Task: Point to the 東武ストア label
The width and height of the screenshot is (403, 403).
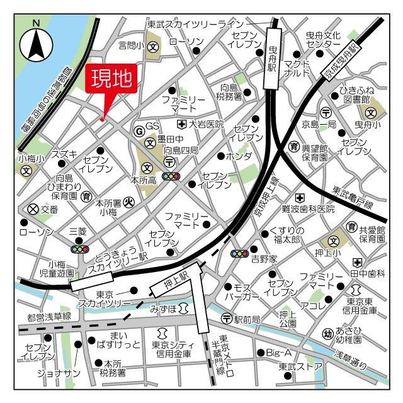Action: click(300, 366)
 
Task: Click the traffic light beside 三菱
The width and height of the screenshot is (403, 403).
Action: click(80, 249)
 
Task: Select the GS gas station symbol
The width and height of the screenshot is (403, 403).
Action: click(139, 130)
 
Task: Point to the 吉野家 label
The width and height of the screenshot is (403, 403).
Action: click(264, 258)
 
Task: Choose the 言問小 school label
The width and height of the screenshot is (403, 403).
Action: click(131, 45)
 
